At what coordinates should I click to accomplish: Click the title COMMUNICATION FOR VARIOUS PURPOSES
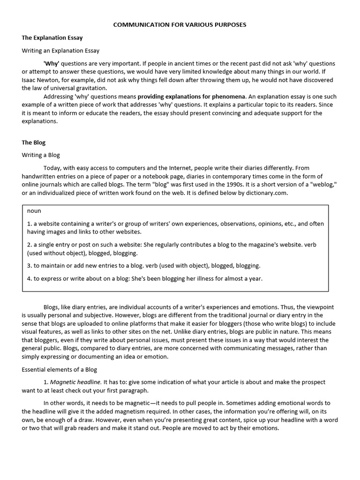point(180,24)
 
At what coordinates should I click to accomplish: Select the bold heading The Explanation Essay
point(52,37)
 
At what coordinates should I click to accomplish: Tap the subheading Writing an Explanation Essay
point(60,51)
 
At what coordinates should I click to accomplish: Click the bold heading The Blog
point(34,142)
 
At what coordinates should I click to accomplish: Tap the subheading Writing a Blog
point(41,155)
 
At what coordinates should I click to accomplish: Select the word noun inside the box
point(34,211)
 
